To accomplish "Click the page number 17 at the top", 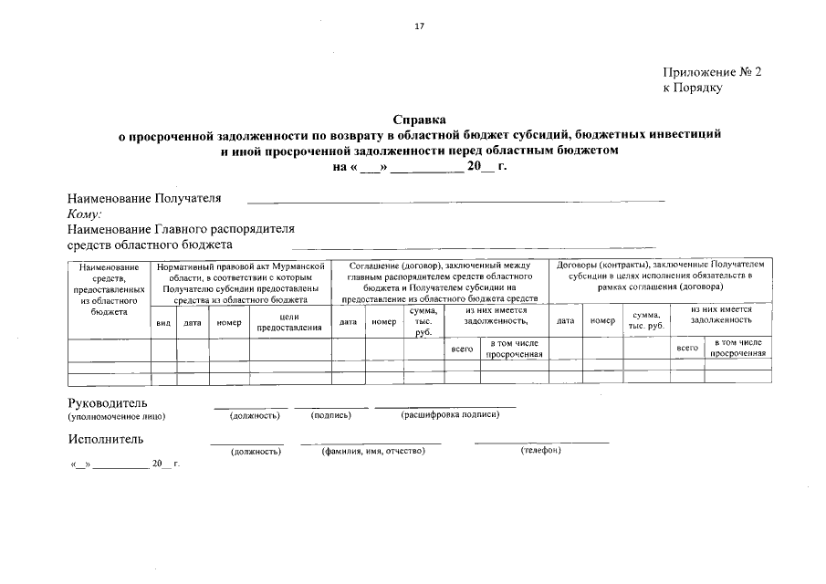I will click(x=419, y=26).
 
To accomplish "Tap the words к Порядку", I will click(x=692, y=88).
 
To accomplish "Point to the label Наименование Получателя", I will click(x=144, y=198).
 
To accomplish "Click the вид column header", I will click(x=163, y=322).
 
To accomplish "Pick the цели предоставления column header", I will click(x=290, y=322).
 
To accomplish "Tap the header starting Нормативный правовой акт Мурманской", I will click(x=241, y=281).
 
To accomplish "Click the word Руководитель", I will click(x=107, y=403).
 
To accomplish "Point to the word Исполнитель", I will click(x=105, y=439).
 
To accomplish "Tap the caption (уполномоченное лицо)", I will click(x=117, y=416).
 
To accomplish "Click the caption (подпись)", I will click(x=331, y=416).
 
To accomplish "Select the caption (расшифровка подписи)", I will click(x=450, y=415).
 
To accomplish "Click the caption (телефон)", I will click(x=540, y=450).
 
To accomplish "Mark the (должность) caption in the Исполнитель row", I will click(x=255, y=451).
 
